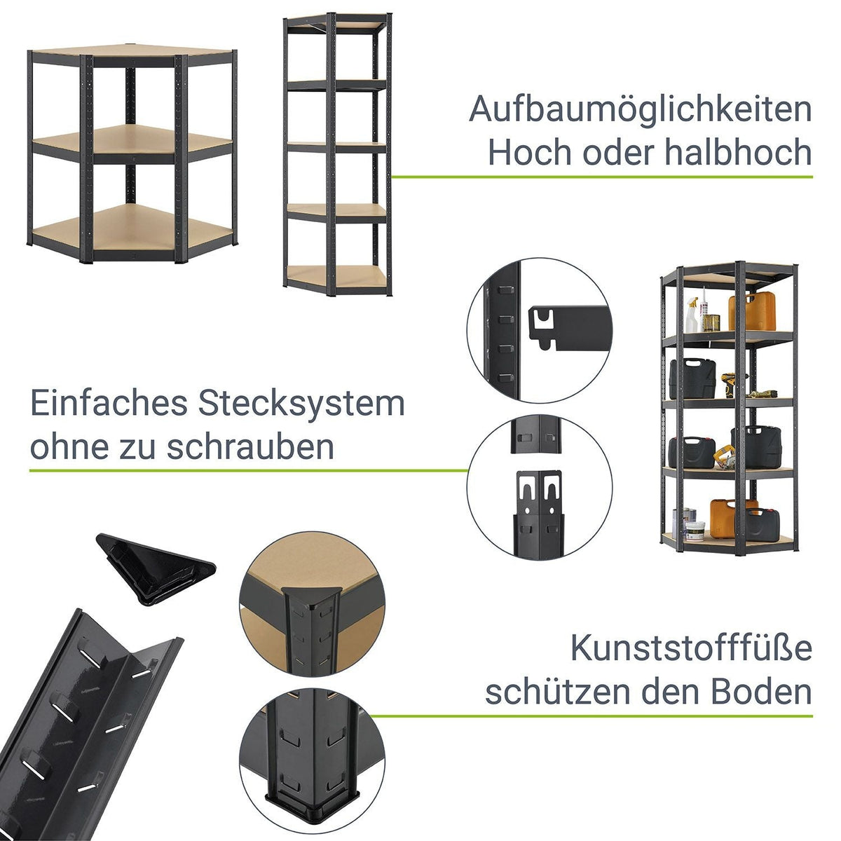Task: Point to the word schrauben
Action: (250, 446)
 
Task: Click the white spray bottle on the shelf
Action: (692, 315)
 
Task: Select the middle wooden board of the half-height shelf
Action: (133, 141)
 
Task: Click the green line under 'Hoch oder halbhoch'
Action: (602, 177)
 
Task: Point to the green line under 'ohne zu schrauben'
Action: (249, 470)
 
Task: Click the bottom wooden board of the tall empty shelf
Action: (337, 276)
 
